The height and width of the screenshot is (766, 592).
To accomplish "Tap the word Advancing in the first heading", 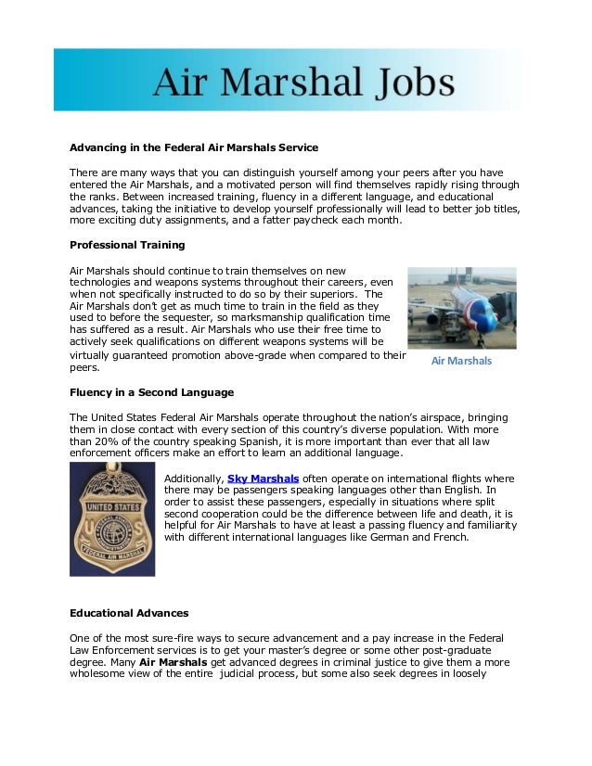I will click(99, 147).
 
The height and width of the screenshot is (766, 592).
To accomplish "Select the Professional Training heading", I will click(127, 245).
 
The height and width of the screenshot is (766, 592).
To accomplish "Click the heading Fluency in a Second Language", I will click(151, 392).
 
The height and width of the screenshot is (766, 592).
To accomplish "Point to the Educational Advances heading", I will click(129, 613).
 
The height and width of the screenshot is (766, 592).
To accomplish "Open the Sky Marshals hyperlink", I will click(263, 479).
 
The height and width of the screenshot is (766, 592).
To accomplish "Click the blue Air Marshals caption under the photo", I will click(461, 361).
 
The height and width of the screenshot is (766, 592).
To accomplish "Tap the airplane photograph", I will click(461, 308).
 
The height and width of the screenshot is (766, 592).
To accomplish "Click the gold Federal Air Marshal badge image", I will click(112, 519).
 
